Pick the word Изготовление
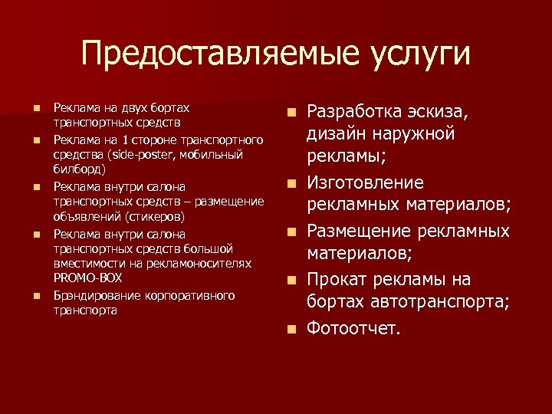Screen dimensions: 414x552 click(x=365, y=183)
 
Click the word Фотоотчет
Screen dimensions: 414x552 click(x=353, y=328)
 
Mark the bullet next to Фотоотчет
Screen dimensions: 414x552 click(x=292, y=329)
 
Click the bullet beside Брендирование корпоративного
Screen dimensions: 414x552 click(x=36, y=296)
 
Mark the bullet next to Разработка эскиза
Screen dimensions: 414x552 click(x=292, y=113)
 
